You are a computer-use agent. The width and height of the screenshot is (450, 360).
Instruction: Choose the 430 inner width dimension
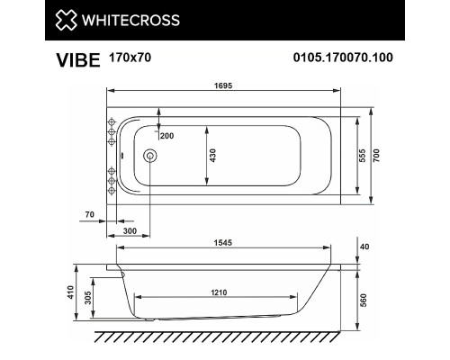[212, 155]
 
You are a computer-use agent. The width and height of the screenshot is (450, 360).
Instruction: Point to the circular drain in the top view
[149, 156]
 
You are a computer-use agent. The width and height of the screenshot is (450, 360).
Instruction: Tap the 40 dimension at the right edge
[363, 245]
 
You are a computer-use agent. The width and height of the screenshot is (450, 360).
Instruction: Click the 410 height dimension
[82, 293]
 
